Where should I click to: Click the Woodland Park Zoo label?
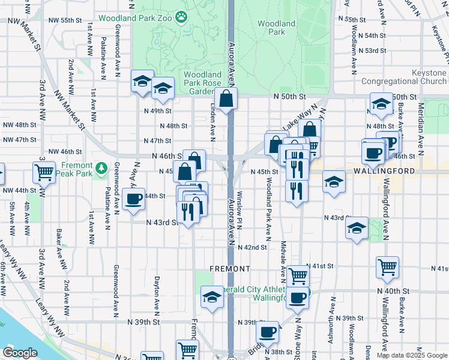136,18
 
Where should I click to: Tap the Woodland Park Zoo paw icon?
182,17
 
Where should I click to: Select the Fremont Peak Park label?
76,169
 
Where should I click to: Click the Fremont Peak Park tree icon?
102,166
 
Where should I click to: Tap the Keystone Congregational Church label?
403,77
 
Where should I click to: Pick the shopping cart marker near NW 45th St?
44,173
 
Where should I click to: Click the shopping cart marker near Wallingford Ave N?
387,268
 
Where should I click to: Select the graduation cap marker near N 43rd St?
357,228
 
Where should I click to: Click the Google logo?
20,353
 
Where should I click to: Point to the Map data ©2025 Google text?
412,355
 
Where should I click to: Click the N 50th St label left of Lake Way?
290,96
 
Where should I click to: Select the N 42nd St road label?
252,247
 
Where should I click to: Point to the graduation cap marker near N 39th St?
212,298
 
